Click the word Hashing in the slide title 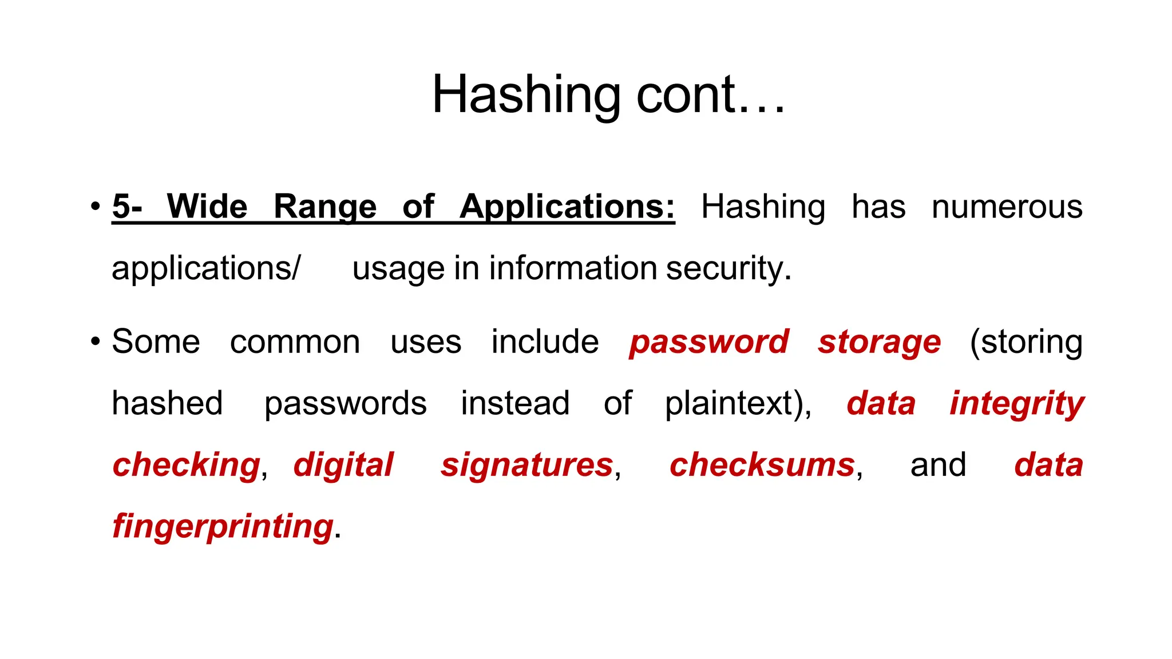coord(526,95)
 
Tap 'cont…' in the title coord(710,95)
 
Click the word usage coord(398,268)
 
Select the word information coord(573,268)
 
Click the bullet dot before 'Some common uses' coord(96,342)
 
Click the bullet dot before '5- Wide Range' coord(96,207)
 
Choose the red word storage coord(879,342)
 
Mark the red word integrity coord(1016,404)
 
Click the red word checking coord(187,465)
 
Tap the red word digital coord(343,465)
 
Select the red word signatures coord(527,465)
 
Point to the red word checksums coord(762,465)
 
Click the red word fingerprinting coord(223,526)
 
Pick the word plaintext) coord(738,404)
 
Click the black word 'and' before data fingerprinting coord(938,465)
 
